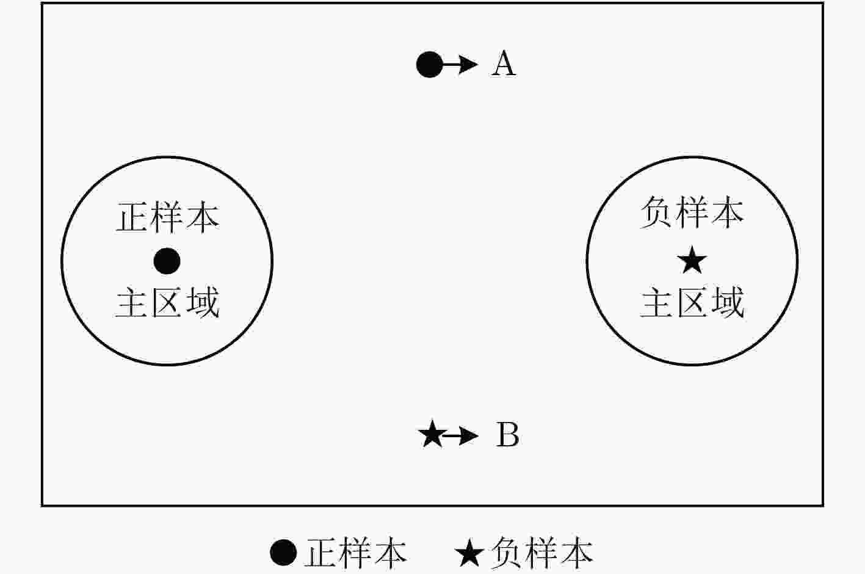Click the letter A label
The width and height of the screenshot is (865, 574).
[504, 64]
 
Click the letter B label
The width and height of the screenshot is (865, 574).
[507, 435]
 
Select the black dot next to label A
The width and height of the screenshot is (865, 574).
[429, 65]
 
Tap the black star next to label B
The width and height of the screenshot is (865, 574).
[432, 434]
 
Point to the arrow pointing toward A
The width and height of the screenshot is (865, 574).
[460, 65]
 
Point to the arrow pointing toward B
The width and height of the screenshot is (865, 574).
[462, 436]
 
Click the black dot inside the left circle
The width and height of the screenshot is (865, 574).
[167, 261]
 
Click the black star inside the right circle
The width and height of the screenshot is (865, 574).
[692, 260]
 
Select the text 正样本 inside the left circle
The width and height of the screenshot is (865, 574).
[168, 217]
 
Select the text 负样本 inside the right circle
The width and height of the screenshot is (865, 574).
[692, 212]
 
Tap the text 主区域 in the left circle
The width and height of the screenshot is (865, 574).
[168, 302]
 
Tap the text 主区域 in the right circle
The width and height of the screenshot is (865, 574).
[692, 302]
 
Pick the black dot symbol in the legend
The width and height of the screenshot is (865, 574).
[283, 553]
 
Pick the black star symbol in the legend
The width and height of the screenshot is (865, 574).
[469, 553]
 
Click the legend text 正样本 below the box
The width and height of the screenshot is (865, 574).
[356, 553]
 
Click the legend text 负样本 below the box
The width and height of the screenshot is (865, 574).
[542, 553]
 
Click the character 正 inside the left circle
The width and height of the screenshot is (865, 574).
[132, 217]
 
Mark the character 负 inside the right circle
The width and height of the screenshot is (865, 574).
[656, 212]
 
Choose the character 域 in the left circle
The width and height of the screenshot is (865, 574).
[203, 302]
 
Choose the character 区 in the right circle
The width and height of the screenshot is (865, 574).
[692, 303]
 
